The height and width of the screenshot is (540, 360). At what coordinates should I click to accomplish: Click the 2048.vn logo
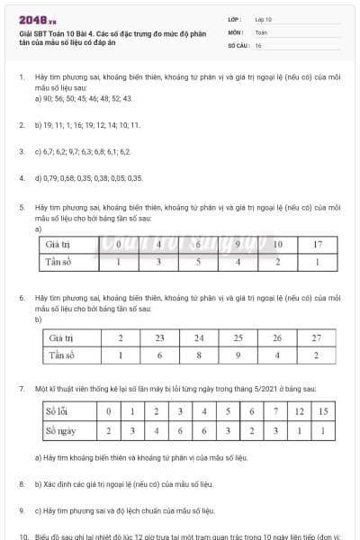tap(36, 20)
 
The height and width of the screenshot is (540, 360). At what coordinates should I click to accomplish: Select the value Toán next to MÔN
tap(261, 31)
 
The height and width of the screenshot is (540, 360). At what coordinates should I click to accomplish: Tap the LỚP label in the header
tap(235, 19)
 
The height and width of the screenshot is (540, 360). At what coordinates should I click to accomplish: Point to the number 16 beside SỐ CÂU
tap(258, 44)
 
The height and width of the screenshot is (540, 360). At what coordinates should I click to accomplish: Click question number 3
tap(21, 151)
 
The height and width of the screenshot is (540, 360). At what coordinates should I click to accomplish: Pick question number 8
tap(21, 484)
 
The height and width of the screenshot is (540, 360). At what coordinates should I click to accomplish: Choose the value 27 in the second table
tap(316, 338)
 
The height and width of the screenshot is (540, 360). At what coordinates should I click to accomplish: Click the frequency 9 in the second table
tap(238, 355)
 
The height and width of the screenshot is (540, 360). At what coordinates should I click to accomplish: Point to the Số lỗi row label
tap(61, 412)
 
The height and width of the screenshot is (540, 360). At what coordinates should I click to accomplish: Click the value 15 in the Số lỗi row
tap(324, 412)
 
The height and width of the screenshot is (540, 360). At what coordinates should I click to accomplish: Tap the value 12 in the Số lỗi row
tap(301, 412)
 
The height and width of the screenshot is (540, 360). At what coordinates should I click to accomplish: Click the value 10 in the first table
tap(278, 244)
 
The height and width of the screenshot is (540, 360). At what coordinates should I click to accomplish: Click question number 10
tap(22, 535)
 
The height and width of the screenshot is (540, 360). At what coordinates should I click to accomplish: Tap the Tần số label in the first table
tap(58, 262)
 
